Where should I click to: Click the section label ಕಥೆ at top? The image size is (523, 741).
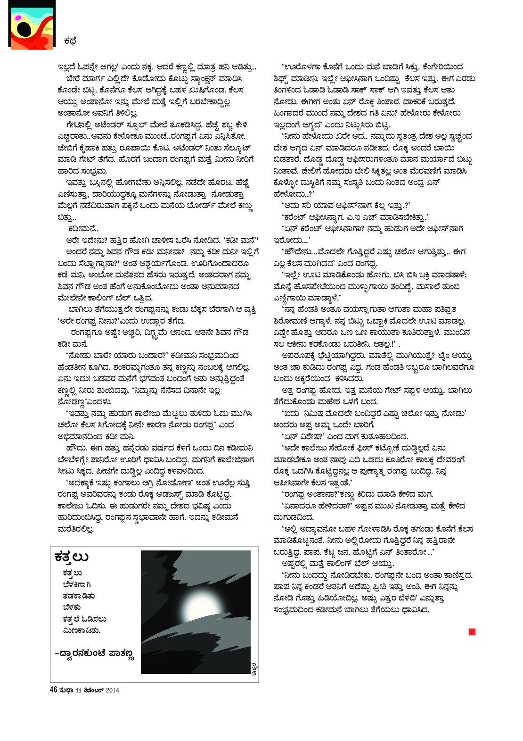pos(70,41)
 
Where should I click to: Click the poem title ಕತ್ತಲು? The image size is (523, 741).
pos(72,557)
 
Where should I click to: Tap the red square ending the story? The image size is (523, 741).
pos(472,632)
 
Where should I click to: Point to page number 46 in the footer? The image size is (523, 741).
pos(53,690)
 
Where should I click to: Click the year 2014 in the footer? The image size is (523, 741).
pos(113,690)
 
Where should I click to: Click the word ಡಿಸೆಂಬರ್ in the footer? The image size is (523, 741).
pos(94,690)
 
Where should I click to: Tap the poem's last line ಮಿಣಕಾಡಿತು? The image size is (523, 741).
pos(82,630)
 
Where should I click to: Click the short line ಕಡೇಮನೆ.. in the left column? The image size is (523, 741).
pos(83,228)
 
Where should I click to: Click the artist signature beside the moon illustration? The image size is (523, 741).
pos(254,668)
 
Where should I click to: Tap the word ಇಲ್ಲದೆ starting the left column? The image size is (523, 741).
pos(67,67)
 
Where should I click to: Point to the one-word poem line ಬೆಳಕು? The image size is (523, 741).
pos(72,607)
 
